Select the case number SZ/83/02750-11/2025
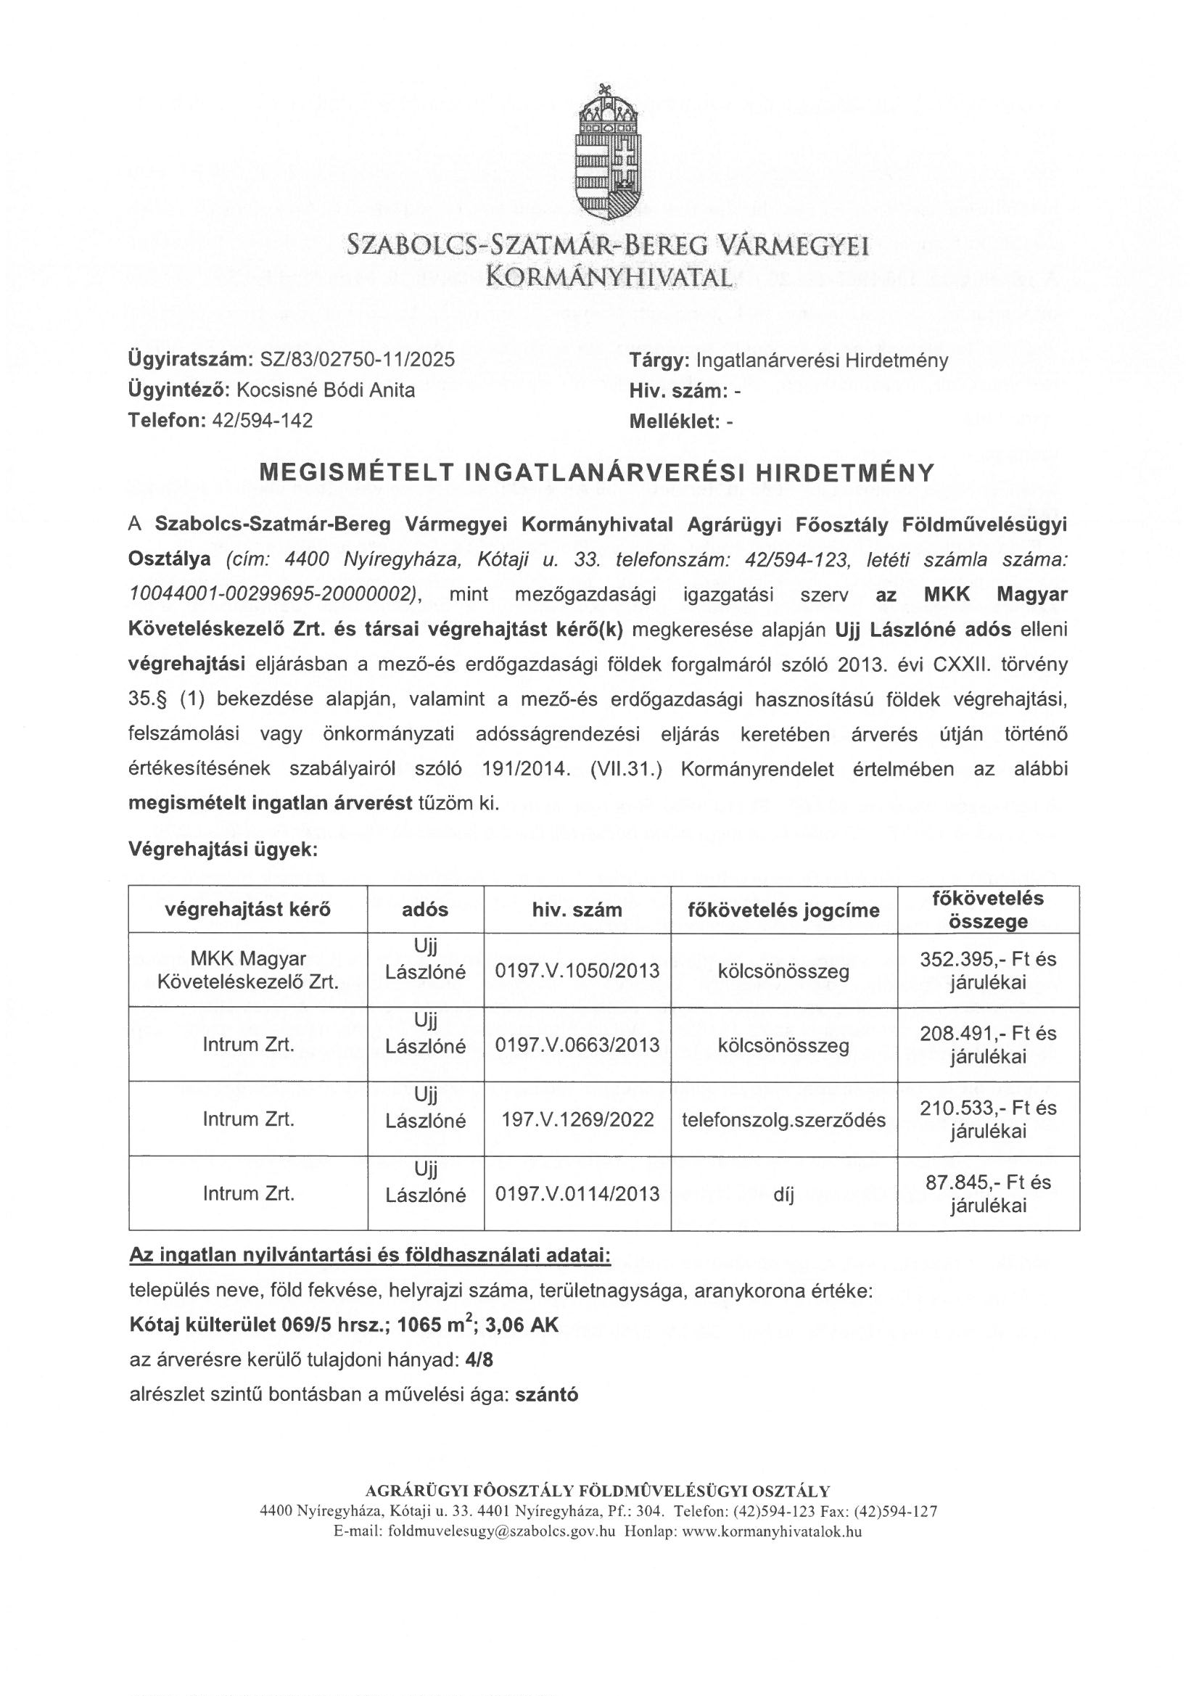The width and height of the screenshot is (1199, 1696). [x=358, y=360]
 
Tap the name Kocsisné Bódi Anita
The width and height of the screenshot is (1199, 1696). [x=325, y=390]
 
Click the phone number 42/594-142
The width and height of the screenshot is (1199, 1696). [x=263, y=420]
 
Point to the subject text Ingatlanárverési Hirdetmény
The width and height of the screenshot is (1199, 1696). [x=823, y=361]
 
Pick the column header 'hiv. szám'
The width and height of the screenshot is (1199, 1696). [x=577, y=910]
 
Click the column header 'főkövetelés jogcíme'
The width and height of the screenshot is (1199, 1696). [x=784, y=910]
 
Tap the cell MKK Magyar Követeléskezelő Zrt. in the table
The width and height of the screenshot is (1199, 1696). [x=248, y=970]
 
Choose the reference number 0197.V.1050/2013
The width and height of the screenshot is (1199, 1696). [x=577, y=970]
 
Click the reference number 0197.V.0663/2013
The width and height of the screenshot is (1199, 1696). [x=577, y=1045]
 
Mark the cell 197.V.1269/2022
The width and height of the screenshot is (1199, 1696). [x=577, y=1119]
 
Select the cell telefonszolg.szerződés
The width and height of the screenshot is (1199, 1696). [x=784, y=1119]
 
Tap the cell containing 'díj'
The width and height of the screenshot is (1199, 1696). [x=784, y=1195]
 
